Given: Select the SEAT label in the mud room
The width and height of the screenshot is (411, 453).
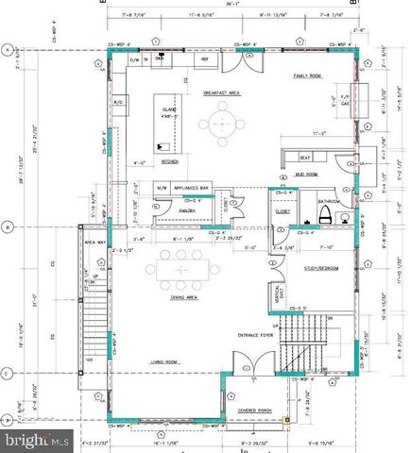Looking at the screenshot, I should tap(305, 158).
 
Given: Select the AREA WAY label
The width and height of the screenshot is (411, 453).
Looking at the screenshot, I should tap(94, 243).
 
